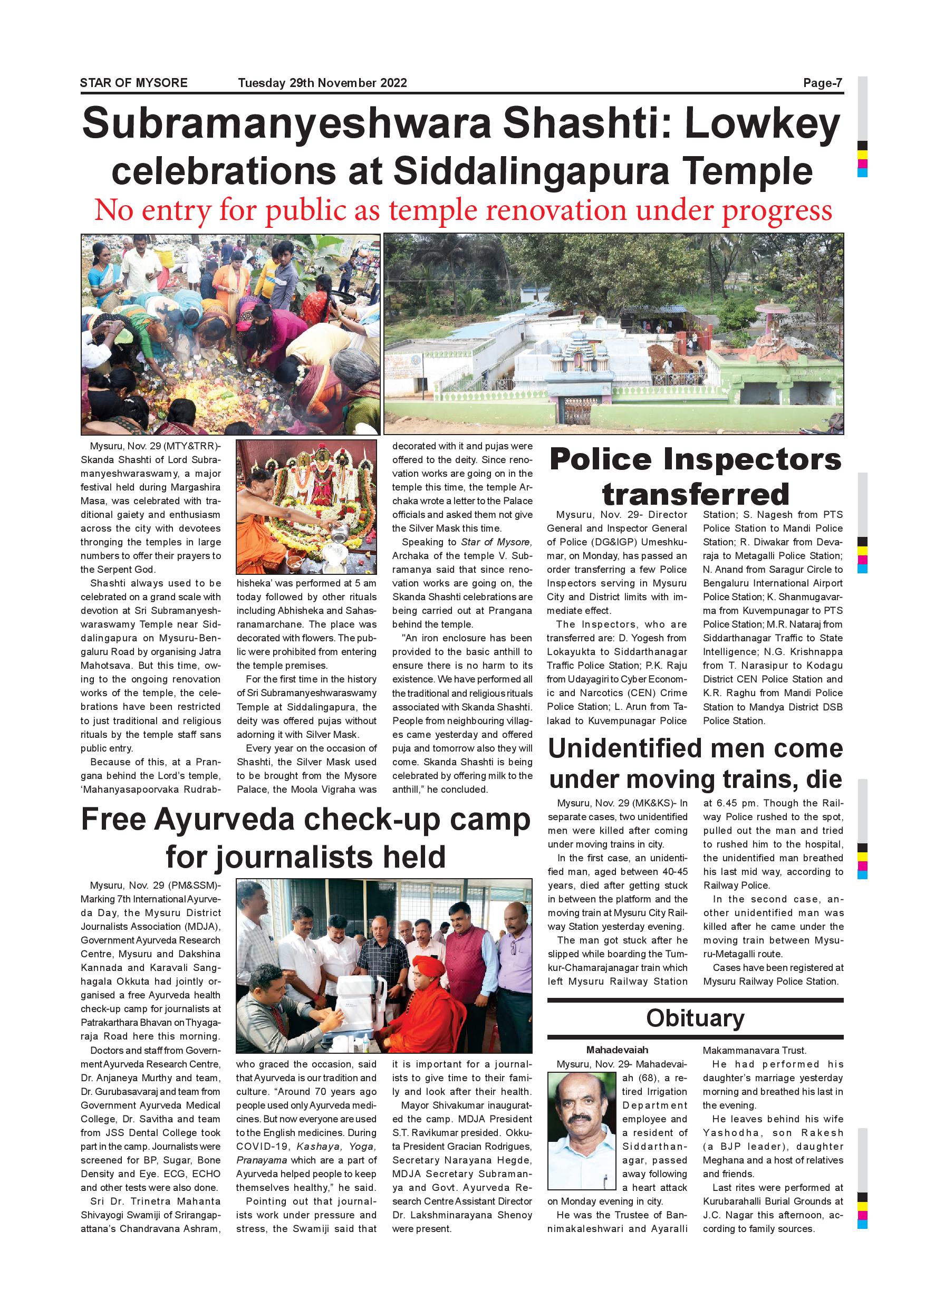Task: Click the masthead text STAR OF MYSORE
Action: coord(133,83)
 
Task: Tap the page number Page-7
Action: coord(822,83)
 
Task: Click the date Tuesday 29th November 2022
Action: coord(322,83)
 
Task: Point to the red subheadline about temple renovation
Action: coord(462,210)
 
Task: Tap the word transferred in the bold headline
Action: coord(696,493)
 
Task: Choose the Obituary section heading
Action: coord(695,1018)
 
